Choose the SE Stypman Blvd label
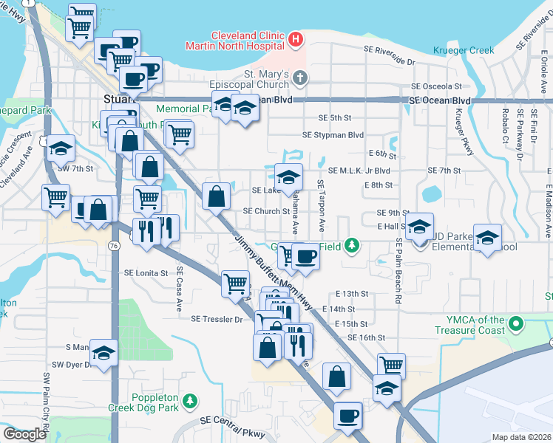333,135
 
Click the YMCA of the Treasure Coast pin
518,323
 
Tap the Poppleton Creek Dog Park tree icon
191,400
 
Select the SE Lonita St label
147,272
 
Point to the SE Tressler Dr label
217,320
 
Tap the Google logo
24,434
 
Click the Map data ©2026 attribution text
520,437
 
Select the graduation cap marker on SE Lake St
289,177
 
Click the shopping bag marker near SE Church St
216,197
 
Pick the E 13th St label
350,294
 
